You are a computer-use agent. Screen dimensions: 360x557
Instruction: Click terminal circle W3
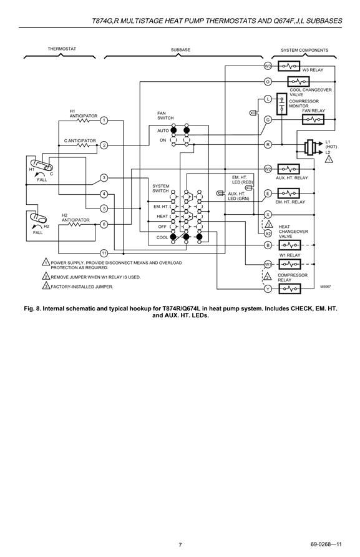[268, 66]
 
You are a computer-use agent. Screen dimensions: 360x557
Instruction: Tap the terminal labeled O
[268, 82]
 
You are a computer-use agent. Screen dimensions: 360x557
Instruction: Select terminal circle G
[268, 120]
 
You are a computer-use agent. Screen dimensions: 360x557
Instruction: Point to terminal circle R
[268, 145]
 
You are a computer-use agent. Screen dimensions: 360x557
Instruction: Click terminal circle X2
[268, 234]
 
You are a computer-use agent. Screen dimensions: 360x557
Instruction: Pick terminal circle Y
[268, 288]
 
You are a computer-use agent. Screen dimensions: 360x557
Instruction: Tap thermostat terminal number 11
[104, 254]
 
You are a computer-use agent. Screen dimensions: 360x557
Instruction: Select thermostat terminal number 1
[104, 121]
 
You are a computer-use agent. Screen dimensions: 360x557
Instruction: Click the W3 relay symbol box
[289, 66]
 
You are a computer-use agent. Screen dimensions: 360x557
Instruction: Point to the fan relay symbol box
[313, 119]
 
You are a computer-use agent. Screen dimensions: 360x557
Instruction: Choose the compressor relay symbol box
[290, 288]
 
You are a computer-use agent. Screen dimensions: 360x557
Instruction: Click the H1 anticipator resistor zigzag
[83, 121]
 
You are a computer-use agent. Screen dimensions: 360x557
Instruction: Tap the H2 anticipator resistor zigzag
[75, 225]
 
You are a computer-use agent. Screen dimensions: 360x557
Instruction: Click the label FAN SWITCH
[165, 116]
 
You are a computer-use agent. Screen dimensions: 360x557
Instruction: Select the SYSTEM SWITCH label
[161, 189]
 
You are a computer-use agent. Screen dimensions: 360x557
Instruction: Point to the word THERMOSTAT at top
[62, 49]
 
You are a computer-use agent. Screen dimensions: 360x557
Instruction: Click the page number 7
[180, 545]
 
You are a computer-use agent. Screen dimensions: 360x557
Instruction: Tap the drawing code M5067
[325, 287]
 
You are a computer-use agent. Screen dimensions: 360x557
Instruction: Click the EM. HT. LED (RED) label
[243, 180]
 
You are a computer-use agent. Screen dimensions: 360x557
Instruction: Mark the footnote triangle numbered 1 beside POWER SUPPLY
[46, 262]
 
